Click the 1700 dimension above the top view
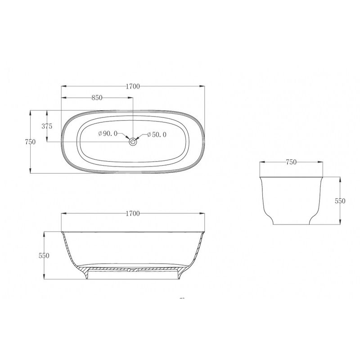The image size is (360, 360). pos(133,86)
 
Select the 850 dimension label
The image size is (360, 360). pos(97,98)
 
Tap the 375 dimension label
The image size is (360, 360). pos(47,126)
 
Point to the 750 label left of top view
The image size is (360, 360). pos(30,142)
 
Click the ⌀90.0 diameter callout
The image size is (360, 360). pos(108,133)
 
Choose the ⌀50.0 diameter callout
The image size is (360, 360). pos(157,135)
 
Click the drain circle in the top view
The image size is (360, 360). pos(133,142)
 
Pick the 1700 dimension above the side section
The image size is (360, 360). pos(133,213)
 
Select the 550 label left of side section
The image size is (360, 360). pos(44,255)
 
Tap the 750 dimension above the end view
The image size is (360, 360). pos(291,162)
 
